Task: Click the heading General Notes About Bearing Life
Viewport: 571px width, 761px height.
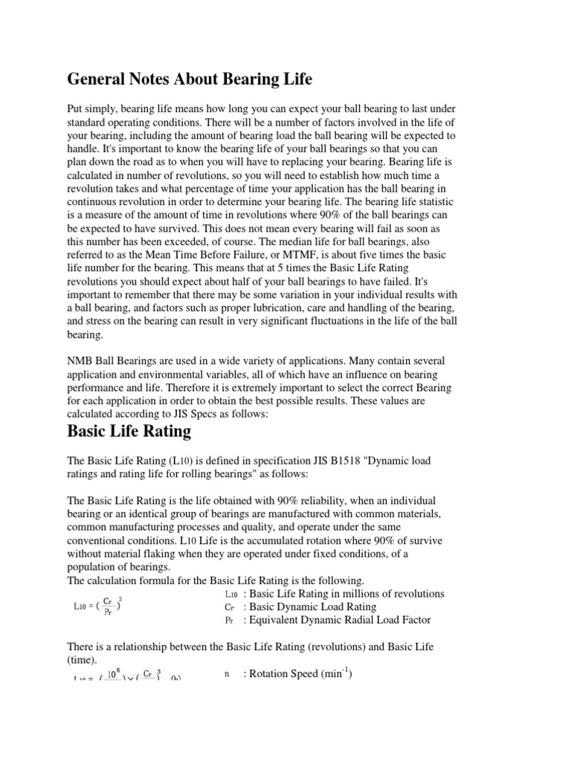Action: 190,78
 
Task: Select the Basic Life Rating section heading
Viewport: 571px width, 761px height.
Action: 129,431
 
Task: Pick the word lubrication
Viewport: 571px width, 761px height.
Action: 294,307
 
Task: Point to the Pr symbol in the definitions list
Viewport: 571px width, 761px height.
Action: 230,621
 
